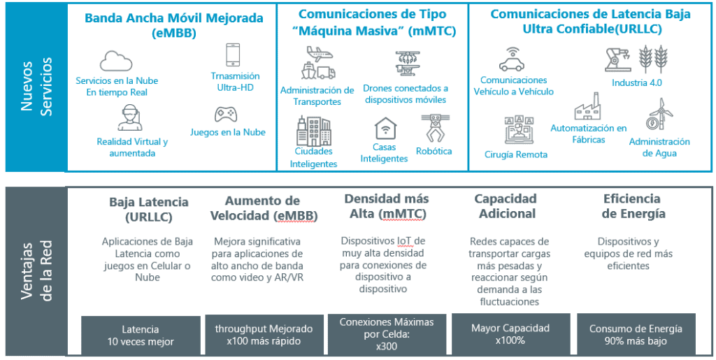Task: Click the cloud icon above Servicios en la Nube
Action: pos(116,61)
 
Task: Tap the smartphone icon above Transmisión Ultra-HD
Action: pos(233,55)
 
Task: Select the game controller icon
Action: pos(226,114)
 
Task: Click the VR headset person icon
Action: pos(129,117)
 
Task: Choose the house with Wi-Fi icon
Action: pos(385,129)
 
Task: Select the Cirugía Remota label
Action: pos(516,154)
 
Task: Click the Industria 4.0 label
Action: pos(637,83)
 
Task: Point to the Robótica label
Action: pos(434,152)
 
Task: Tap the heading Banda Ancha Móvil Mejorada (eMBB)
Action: pos(174,26)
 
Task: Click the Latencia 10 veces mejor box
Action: pos(141,336)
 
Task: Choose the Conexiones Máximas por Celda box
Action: pos(387,334)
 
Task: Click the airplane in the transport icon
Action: pos(319,55)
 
